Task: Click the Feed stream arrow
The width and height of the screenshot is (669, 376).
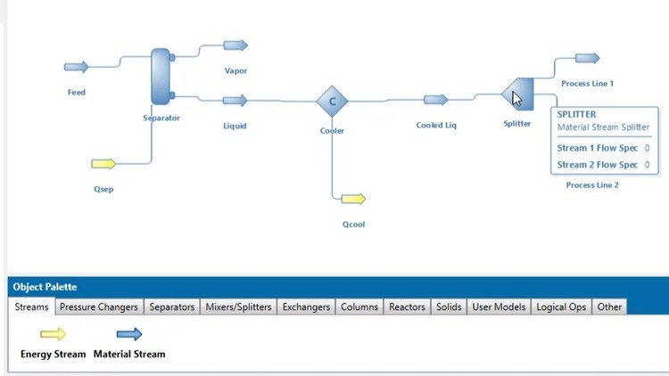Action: [x=77, y=67]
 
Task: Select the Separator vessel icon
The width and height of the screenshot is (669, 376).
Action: [x=161, y=77]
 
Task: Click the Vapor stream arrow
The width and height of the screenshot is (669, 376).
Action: [x=235, y=45]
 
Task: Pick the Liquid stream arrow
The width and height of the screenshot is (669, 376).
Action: [x=235, y=102]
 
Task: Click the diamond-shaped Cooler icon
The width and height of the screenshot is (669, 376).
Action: [x=333, y=102]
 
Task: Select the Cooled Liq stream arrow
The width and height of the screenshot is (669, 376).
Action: [x=436, y=101]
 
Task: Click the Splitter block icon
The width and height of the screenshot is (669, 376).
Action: [x=518, y=93]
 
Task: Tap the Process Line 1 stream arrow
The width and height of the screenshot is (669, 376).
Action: [x=588, y=59]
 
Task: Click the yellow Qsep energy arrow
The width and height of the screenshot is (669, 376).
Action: [x=103, y=164]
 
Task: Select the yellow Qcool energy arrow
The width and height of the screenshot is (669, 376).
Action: [x=353, y=199]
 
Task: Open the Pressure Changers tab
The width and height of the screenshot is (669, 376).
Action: [x=99, y=307]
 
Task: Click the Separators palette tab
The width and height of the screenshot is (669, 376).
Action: [x=172, y=307]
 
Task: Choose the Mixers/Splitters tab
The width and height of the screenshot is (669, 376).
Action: [x=238, y=307]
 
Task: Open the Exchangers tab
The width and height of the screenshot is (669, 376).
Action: [x=306, y=307]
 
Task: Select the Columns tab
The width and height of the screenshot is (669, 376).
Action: [x=359, y=307]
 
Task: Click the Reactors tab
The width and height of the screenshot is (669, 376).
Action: [x=407, y=307]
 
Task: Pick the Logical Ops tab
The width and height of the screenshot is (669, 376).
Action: [x=561, y=307]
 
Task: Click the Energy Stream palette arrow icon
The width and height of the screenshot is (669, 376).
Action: [x=54, y=335]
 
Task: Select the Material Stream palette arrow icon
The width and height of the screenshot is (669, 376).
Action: [x=129, y=335]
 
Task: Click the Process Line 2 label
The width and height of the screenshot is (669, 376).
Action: [x=592, y=185]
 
